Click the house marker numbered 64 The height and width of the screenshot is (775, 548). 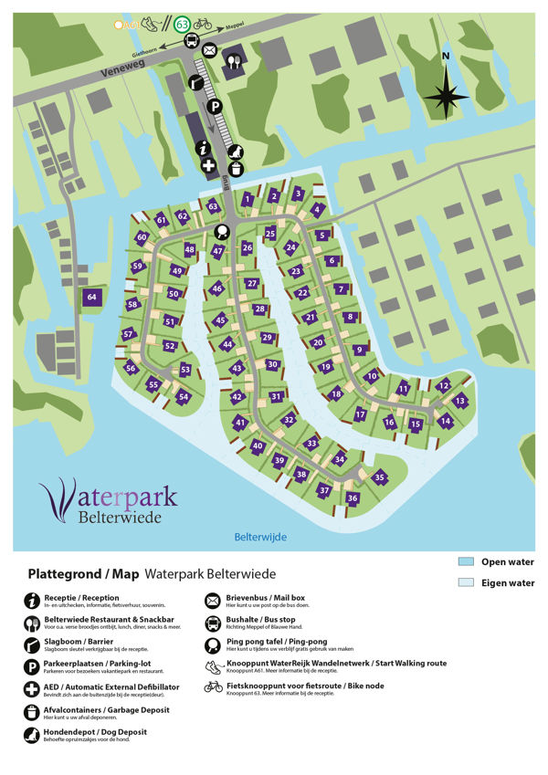91,298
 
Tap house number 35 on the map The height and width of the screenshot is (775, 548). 379,477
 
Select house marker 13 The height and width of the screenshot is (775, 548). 460,401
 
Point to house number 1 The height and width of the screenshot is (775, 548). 248,199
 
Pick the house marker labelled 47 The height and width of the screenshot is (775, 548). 217,251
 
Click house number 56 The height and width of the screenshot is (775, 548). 131,369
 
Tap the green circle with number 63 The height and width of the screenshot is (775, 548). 182,24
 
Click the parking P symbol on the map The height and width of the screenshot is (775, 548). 216,108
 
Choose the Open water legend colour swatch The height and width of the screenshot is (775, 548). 465,562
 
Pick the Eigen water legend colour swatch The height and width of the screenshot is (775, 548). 465,582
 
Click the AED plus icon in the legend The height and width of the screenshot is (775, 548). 30,688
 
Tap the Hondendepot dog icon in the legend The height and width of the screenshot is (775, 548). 30,733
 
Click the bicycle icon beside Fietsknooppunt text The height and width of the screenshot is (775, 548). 213,686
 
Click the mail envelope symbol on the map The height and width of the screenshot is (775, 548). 210,50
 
